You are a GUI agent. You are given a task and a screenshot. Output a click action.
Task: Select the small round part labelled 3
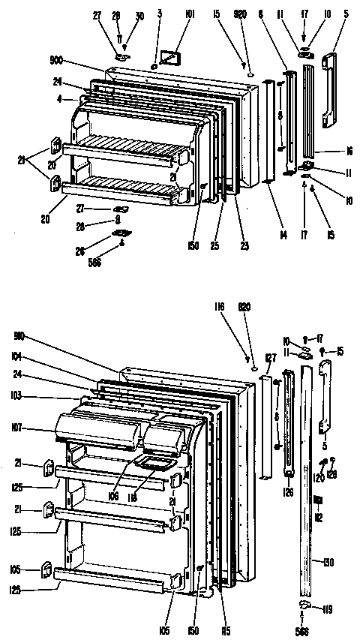click(154, 66)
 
